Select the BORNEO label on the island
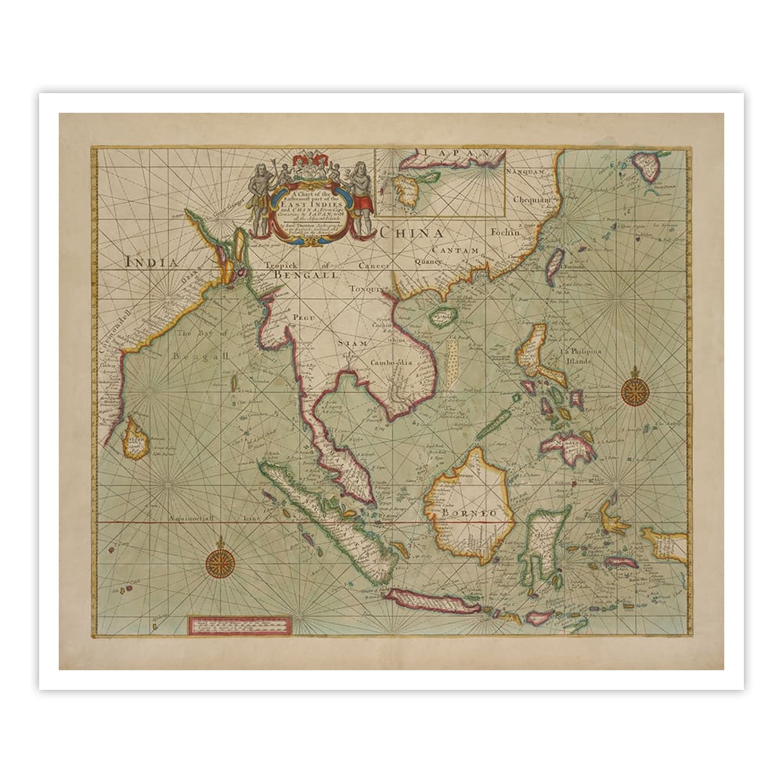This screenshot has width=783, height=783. tap(469, 513)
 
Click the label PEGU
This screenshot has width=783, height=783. tap(302, 316)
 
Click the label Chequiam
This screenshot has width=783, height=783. tap(532, 200)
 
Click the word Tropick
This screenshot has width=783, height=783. tap(283, 265)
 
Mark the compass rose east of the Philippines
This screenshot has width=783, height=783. tap(634, 390)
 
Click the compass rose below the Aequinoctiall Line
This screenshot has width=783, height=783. tap(220, 562)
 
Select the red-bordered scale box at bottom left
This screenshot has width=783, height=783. tap(240, 625)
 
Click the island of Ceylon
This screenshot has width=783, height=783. tap(136, 438)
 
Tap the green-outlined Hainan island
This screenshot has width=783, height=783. tap(444, 316)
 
